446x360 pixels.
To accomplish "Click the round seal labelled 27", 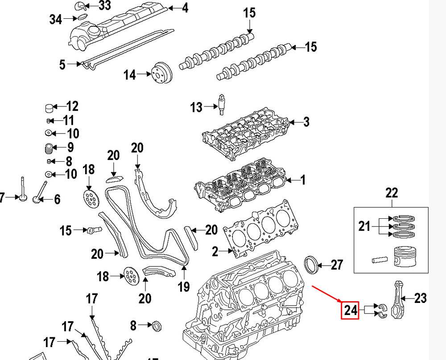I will (311, 264).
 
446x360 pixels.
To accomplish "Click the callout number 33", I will (104, 6).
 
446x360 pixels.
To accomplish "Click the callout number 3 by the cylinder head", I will (306, 122).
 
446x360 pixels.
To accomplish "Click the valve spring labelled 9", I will (49, 147).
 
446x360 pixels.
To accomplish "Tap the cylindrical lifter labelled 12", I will (49, 107).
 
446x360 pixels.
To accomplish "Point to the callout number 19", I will (184, 287).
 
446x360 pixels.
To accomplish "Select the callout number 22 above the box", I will (391, 193).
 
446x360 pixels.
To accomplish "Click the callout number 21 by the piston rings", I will (364, 226).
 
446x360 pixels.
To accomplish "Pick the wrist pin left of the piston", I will (377, 258).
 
